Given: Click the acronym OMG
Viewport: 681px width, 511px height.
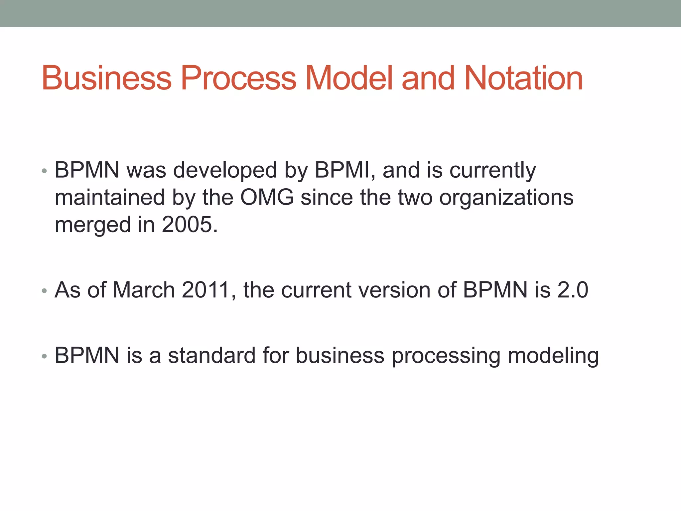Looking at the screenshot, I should pos(267,198).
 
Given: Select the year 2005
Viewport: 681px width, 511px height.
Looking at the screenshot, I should pos(187,225).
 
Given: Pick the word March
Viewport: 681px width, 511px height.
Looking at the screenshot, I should pos(144,290).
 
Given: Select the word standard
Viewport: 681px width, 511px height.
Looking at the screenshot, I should pos(211,355).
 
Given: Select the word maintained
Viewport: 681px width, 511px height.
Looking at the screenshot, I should pos(110,198).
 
